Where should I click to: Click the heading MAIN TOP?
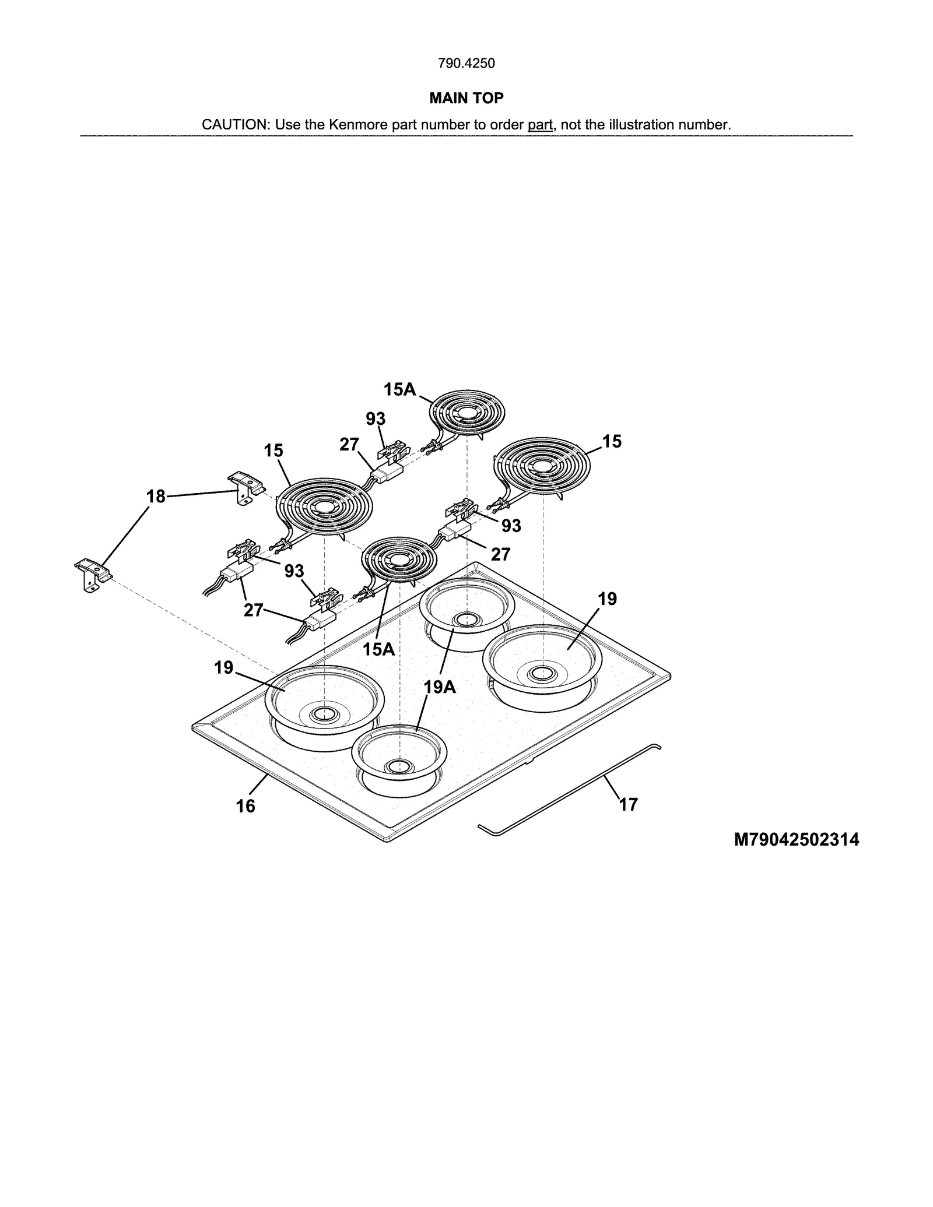(466, 98)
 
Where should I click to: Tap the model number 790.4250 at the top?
(466, 64)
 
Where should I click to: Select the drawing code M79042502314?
(796, 840)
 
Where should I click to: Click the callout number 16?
(245, 806)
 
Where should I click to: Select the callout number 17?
(628, 804)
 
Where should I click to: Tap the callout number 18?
(156, 497)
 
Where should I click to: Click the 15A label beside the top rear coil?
(399, 389)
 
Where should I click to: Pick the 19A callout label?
(440, 688)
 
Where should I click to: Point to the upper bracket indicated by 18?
(245, 488)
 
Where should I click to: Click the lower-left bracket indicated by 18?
(93, 575)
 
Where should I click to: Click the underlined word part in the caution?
(540, 125)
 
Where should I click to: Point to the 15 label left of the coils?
(273, 451)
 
